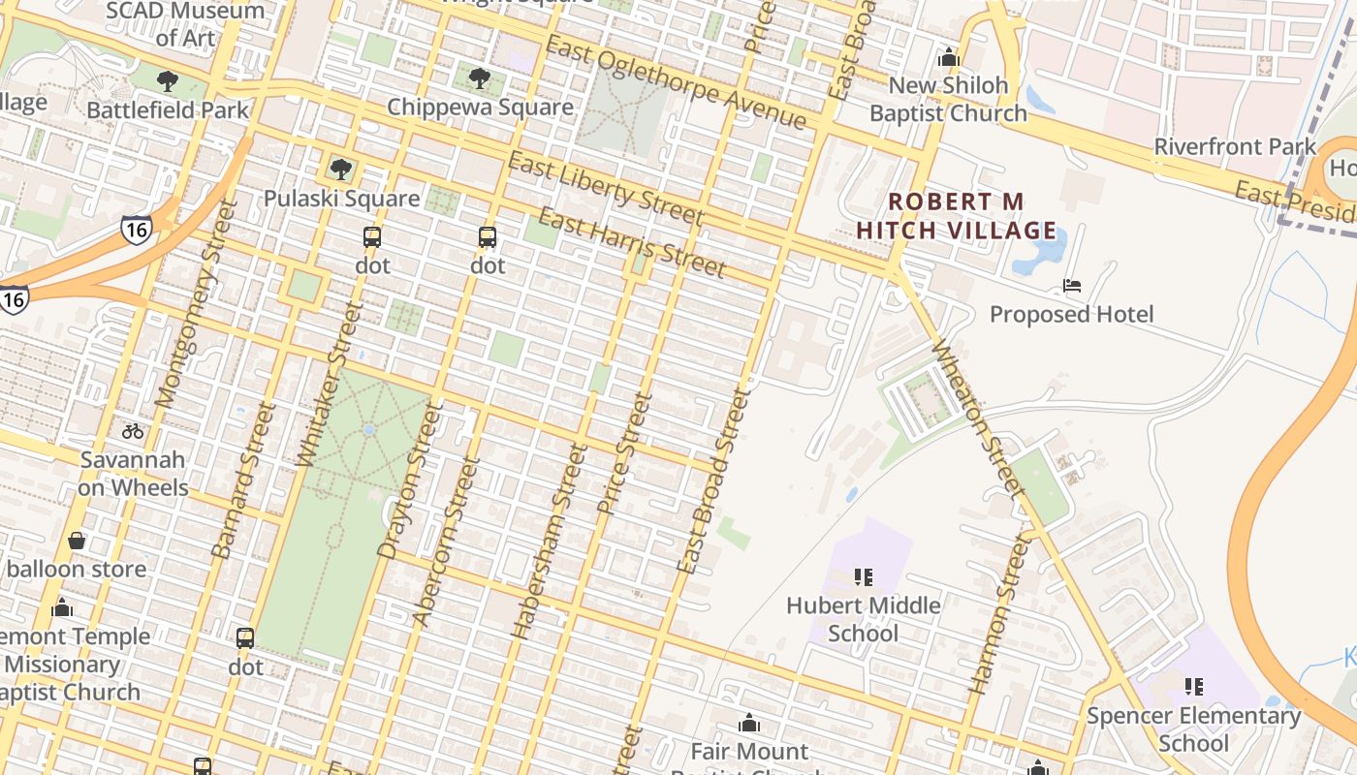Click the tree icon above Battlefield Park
[168, 80]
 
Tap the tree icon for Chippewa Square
[479, 78]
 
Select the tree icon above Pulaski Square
[340, 170]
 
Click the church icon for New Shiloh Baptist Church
[949, 57]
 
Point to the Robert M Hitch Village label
[957, 216]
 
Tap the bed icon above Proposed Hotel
[1072, 286]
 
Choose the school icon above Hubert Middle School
[864, 577]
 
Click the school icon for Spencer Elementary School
[1194, 687]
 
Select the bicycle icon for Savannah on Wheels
[133, 431]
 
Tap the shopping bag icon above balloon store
[77, 541]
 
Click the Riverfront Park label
[1235, 147]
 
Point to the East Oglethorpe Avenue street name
[676, 82]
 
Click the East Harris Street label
[631, 242]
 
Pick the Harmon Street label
[999, 614]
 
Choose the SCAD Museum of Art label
[184, 24]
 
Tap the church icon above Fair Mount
[749, 723]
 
